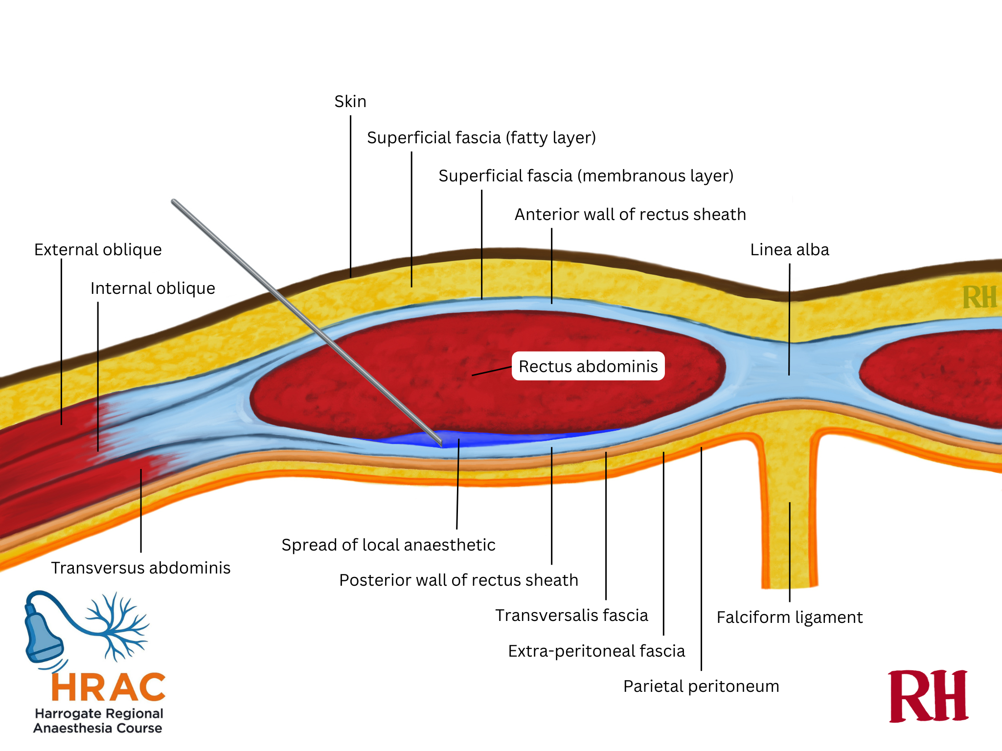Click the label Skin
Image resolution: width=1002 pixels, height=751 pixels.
point(350,102)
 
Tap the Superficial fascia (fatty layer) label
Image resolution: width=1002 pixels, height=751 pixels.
point(481,138)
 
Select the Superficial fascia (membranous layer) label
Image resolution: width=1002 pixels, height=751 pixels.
point(586,176)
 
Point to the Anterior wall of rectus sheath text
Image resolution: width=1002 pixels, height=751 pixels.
point(630,215)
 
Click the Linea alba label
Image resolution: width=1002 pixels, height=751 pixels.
point(789,250)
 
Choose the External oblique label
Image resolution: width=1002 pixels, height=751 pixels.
point(98,250)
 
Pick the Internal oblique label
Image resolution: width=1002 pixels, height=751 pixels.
point(153,288)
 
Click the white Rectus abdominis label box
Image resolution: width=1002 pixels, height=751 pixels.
point(588,366)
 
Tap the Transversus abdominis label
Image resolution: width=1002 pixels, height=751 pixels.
point(141,568)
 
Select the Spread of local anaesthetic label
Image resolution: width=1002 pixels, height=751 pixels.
point(388,545)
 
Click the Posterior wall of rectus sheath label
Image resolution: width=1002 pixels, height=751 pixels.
point(458,580)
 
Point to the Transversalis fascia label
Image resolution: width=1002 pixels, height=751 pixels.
point(571,616)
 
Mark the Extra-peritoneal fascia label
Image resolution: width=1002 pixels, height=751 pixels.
point(596,651)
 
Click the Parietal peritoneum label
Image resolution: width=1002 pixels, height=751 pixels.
point(701,686)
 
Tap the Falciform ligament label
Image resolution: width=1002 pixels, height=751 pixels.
point(789,618)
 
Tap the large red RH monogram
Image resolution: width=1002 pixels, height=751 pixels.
point(928,696)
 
